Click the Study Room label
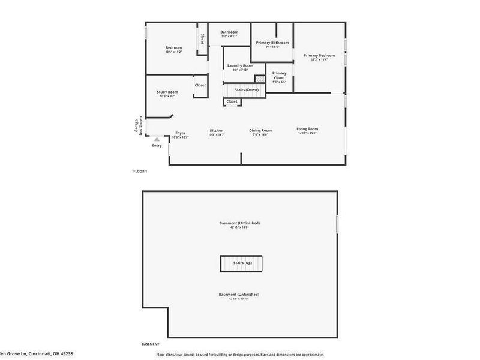[x=167, y=92]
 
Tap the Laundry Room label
[x=240, y=65]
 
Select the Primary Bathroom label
[x=272, y=43]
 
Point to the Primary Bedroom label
[x=319, y=55]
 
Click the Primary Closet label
[x=279, y=75]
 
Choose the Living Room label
[x=307, y=129]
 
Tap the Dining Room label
[x=260, y=130]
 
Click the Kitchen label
[x=216, y=130]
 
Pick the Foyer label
[x=180, y=133]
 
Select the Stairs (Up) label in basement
[x=244, y=263]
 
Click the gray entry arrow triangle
[x=157, y=139]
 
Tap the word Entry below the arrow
[x=157, y=145]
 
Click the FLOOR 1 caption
[x=140, y=172]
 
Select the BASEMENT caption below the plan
[x=150, y=344]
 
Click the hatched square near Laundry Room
[x=259, y=79]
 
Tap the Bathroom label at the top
[x=229, y=32]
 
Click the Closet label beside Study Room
[x=200, y=85]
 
